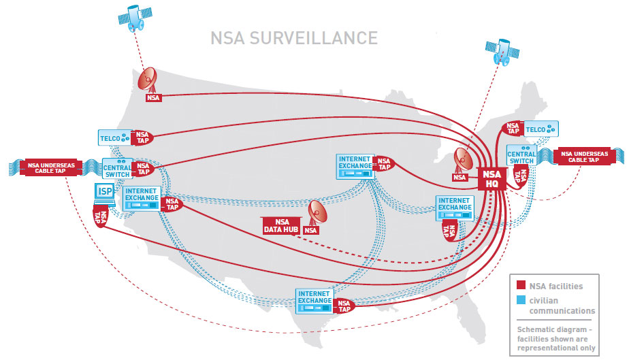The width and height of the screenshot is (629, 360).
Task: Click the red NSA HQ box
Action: pos(491,179)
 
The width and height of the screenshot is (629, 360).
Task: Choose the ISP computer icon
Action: pos(106,193)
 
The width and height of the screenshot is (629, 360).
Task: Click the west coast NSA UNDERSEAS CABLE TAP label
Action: pos(47,167)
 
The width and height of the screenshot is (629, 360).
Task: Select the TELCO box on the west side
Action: pos(114,137)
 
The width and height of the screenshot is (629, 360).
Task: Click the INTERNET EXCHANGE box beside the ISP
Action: pos(142,197)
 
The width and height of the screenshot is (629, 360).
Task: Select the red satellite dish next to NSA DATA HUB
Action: pos(317,212)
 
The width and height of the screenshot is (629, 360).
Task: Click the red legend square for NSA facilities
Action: pos(519,286)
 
